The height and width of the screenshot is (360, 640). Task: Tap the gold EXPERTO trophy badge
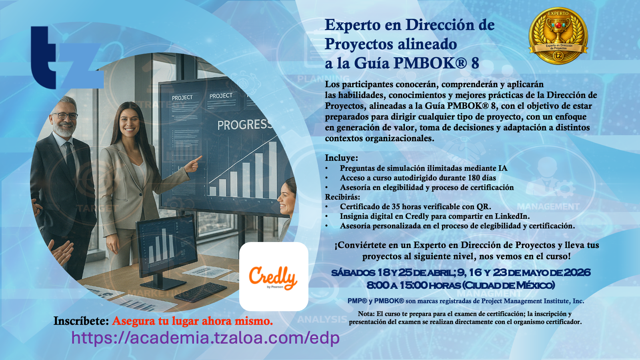tap(558, 36)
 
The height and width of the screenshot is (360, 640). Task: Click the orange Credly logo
tap(273, 278)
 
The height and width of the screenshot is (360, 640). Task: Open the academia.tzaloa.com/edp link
tap(206, 338)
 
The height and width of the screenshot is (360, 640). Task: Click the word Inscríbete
tap(81, 321)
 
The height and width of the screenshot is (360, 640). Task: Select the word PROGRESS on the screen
tap(244, 124)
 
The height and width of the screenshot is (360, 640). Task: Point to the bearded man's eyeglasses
tap(65, 116)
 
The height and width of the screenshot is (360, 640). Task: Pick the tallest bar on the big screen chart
tap(273, 170)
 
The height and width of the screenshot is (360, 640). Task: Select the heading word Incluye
tap(341, 158)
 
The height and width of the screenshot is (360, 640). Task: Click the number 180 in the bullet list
tap(474, 178)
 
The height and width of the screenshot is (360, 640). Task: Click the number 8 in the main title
tap(475, 63)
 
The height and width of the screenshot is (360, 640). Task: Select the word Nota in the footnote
tap(366, 314)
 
